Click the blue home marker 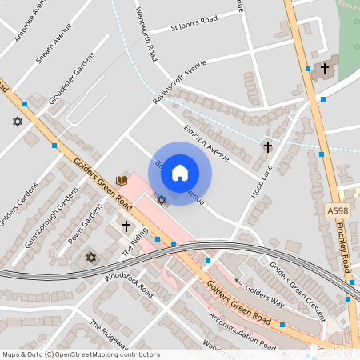[180, 173]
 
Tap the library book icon [122, 180]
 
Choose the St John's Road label [194, 26]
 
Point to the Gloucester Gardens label [70, 80]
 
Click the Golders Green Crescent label [297, 291]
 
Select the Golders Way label [265, 297]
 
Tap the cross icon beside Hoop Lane [268, 147]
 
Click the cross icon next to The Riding [126, 227]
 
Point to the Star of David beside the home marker [161, 198]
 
